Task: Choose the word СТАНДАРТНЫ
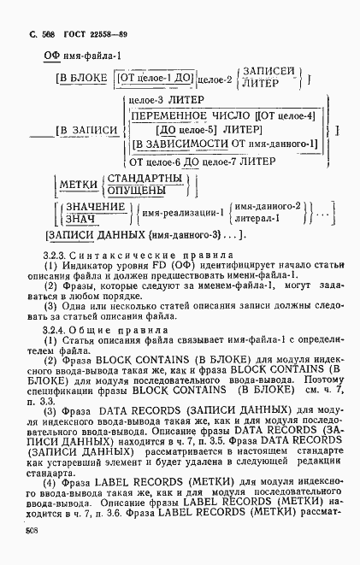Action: [x=142, y=179]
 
